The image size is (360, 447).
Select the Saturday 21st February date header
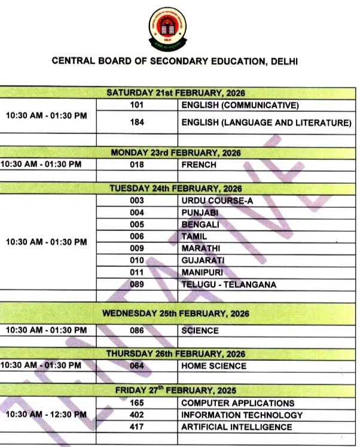[176, 93]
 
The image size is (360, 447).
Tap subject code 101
[137, 105]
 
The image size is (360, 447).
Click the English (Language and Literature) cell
[266, 123]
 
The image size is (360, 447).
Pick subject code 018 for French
[137, 165]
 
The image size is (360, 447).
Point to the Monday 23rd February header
[176, 153]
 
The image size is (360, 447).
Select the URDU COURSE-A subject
[217, 200]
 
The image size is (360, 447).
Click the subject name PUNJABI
[200, 212]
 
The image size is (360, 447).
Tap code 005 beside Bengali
[137, 224]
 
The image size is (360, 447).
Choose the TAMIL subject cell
[194, 236]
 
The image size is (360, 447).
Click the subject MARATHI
[201, 248]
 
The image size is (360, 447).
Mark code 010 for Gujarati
[137, 260]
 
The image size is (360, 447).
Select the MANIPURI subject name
[202, 272]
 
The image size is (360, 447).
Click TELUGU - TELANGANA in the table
[228, 284]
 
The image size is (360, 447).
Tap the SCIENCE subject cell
[200, 330]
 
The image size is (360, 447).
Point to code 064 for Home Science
[137, 366]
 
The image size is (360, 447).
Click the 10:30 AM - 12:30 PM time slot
[46, 415]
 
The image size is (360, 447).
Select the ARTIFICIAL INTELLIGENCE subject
[236, 427]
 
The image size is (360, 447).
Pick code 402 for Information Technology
[137, 415]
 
